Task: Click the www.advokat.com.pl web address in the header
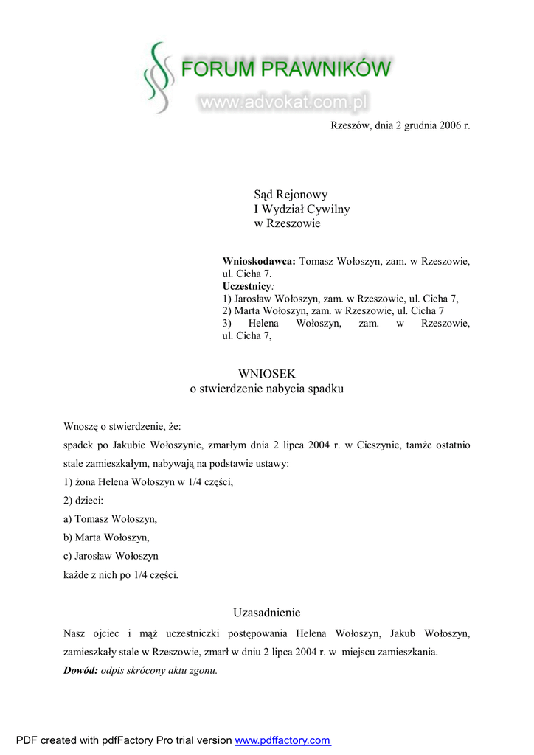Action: (x=284, y=102)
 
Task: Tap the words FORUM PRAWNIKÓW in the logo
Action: (x=285, y=70)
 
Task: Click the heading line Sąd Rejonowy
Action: (x=291, y=195)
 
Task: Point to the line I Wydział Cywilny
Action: (x=302, y=209)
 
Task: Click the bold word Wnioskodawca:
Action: (x=259, y=261)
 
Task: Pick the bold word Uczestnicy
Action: (x=247, y=285)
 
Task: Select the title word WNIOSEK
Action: (x=266, y=374)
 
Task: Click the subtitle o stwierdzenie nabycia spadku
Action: (x=266, y=389)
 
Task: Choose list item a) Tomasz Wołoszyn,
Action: (x=111, y=519)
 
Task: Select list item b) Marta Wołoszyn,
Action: (x=106, y=537)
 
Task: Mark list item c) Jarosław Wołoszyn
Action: (x=111, y=556)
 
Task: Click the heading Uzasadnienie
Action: (x=266, y=613)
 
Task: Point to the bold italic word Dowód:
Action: (x=80, y=671)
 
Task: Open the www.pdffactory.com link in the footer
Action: (x=282, y=740)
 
